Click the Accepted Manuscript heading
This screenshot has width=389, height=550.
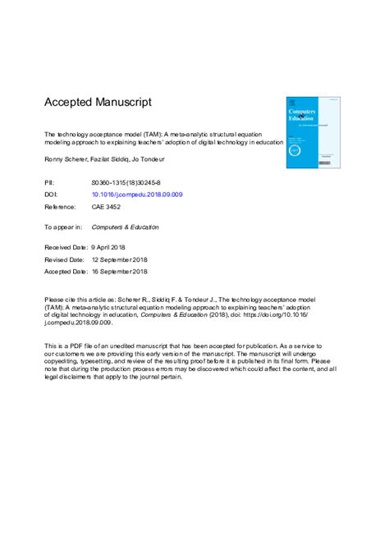(97, 103)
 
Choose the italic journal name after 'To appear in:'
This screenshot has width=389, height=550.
(125, 227)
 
